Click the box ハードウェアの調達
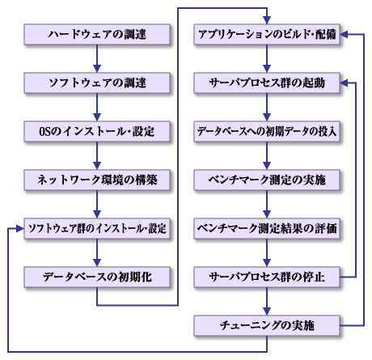point(97,35)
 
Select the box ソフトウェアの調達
point(97,83)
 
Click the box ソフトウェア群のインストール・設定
point(97,229)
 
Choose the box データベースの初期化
point(97,277)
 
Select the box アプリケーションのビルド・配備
point(267,35)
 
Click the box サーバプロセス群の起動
point(267,83)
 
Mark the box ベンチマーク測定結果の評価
point(267,229)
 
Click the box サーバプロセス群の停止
point(267,277)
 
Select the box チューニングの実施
point(267,326)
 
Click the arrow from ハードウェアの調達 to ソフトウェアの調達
point(97,59)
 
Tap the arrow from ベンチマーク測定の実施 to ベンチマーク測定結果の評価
point(267,205)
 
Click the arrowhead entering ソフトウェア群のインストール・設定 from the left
point(19,229)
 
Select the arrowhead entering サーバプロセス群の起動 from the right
point(346,83)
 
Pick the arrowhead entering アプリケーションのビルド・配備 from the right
point(346,35)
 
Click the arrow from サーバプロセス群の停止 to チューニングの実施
point(267,302)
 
